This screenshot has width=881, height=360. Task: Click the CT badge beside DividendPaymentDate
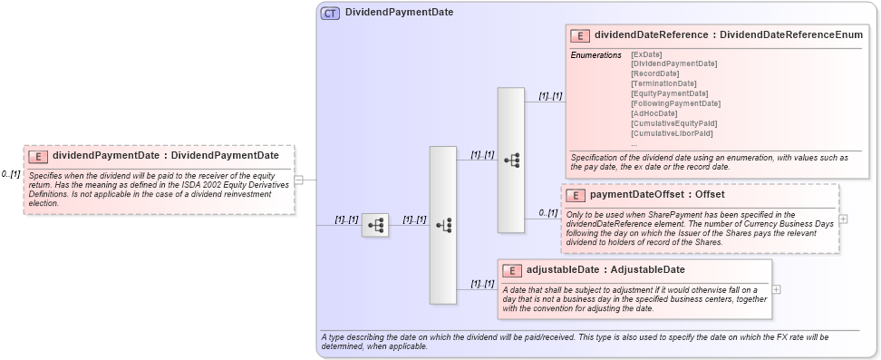click(330, 13)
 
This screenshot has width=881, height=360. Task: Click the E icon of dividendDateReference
click(580, 35)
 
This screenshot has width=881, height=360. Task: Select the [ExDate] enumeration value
click(645, 54)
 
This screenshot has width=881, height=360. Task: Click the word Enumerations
click(595, 55)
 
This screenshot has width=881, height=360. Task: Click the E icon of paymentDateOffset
click(575, 195)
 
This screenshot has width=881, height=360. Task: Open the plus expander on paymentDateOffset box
click(844, 219)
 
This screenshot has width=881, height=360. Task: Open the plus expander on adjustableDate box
click(777, 289)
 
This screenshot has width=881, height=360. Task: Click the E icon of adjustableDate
click(511, 270)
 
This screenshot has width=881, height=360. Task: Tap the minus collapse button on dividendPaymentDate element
click(298, 180)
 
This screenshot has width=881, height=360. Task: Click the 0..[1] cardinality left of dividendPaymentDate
click(10, 173)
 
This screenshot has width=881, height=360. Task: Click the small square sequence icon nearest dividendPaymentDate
click(374, 226)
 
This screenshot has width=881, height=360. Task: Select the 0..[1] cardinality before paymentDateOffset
click(547, 212)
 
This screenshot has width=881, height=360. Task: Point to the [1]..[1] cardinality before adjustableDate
click(481, 284)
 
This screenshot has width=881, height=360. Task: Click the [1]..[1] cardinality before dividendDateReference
click(550, 95)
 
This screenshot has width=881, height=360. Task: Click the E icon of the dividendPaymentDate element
click(37, 156)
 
